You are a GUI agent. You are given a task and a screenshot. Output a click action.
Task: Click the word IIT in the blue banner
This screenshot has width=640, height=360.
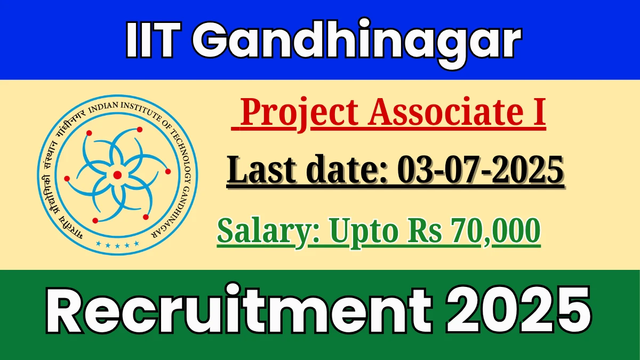click(x=154, y=39)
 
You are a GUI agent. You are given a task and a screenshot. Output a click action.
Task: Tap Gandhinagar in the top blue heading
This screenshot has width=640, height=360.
click(x=357, y=43)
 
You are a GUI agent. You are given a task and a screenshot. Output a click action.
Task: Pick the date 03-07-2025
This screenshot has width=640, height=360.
click(x=481, y=170)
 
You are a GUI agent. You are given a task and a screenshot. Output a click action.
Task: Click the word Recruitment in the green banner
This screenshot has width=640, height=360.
click(x=238, y=309)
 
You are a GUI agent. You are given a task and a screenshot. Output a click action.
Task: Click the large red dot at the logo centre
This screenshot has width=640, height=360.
click(x=117, y=175)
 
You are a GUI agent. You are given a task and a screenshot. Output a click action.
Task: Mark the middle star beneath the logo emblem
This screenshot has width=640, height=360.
click(x=117, y=245)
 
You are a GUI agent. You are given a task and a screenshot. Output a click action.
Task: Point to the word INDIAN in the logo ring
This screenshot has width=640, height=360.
click(x=103, y=107)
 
